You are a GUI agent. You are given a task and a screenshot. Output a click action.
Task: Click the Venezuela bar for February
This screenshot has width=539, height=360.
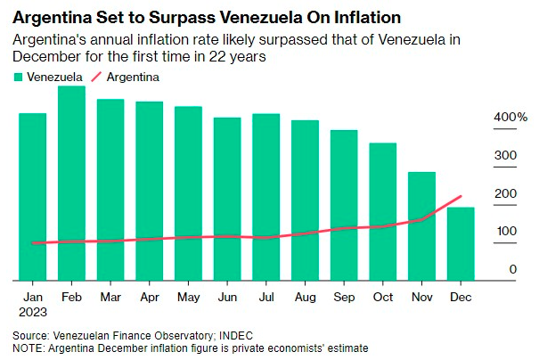pyautogui.click(x=71, y=183)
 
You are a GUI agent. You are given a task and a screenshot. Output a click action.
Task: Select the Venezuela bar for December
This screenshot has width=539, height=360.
pyautogui.click(x=461, y=242)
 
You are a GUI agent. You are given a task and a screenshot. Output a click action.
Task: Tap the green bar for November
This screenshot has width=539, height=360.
pyautogui.click(x=421, y=225)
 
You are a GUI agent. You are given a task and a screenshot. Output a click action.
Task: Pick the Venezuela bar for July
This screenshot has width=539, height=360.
pyautogui.click(x=265, y=196)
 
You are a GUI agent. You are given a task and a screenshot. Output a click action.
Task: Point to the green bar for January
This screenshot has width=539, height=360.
pyautogui.click(x=32, y=196)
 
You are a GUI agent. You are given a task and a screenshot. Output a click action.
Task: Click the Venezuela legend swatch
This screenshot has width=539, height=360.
pyautogui.click(x=18, y=78)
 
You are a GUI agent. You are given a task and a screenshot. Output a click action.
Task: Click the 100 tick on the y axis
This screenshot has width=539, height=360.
pyautogui.click(x=505, y=232)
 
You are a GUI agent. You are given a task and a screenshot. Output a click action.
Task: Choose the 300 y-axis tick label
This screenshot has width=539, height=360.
pyautogui.click(x=505, y=156)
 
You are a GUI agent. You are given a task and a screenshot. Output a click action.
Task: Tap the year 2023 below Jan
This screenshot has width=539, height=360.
pyautogui.click(x=33, y=312)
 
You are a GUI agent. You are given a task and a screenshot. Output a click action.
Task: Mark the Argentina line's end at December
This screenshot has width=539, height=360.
pyautogui.click(x=461, y=196)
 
